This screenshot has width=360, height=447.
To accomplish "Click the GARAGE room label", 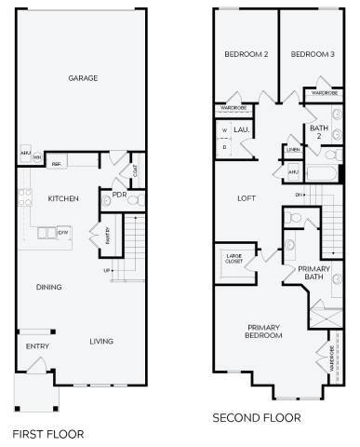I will [x=83, y=79].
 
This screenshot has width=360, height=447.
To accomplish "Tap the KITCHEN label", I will [x=62, y=199].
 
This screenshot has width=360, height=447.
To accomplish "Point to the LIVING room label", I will [x=101, y=342].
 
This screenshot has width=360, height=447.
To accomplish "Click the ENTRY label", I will [x=36, y=347].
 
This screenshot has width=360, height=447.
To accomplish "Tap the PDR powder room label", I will [x=119, y=196].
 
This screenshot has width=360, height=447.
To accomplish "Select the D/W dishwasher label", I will [x=63, y=231].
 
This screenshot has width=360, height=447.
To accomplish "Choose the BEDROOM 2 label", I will [x=247, y=55].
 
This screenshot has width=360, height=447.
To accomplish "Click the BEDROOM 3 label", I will [x=312, y=55].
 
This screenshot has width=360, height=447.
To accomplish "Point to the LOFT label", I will [x=247, y=198].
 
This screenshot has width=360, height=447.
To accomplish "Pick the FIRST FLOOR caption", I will [x=47, y=433].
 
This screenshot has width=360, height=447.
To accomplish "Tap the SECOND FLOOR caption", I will [x=257, y=417].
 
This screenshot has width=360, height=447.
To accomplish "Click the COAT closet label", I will [x=136, y=169].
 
